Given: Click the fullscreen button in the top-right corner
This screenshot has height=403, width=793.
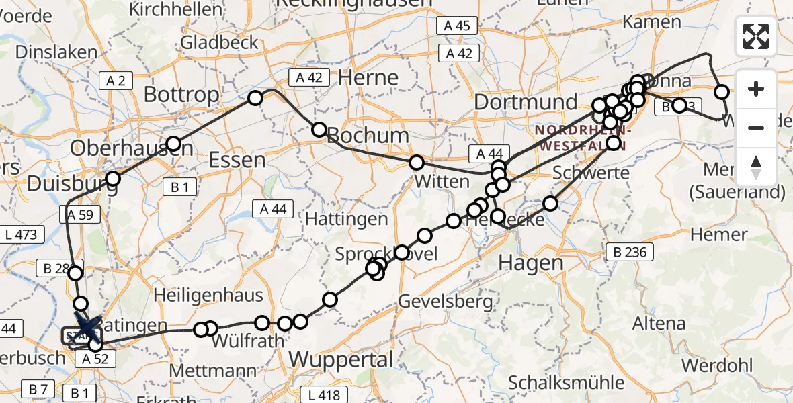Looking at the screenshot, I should [756, 36].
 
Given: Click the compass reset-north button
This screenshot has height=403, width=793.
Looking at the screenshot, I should [756, 167].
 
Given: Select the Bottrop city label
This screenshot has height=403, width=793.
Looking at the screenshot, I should [181, 95].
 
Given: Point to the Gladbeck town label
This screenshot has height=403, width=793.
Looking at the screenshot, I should [219, 43].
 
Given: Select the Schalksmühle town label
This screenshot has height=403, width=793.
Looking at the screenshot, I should [557, 382].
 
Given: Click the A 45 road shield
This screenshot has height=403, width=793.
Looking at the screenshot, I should [457, 26].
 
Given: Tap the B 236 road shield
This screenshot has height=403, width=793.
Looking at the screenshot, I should [629, 253].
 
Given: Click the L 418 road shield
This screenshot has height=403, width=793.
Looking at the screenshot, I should [324, 395].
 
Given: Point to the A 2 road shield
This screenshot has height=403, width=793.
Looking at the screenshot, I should [116, 81].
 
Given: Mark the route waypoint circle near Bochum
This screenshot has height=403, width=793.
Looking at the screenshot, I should [319, 129].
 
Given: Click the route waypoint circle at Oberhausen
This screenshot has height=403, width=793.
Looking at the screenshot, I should [173, 144].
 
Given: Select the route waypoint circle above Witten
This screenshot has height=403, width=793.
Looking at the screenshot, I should [417, 163].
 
